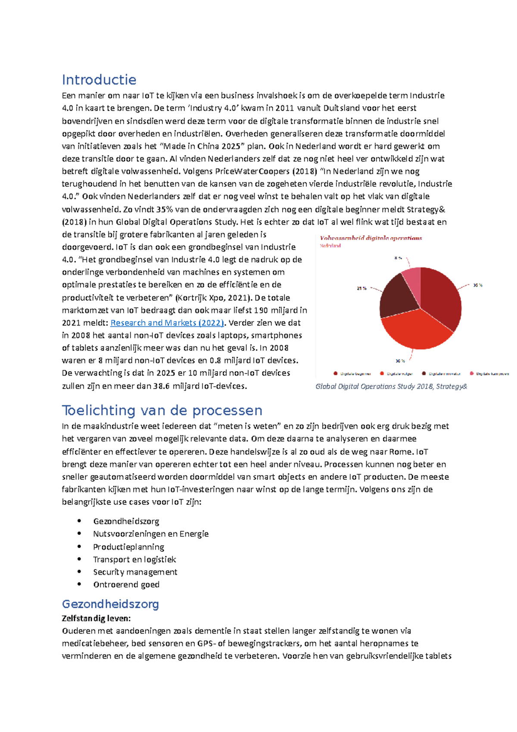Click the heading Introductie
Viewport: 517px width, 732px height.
coord(99,80)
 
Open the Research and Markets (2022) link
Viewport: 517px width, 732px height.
coord(167,323)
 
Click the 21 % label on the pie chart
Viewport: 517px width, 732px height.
coord(361,288)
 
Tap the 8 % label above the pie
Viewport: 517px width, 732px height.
coord(398,258)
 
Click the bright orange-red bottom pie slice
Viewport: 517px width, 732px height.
coord(414,330)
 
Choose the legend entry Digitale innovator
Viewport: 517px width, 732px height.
coord(444,374)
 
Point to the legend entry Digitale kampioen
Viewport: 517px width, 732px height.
coord(492,374)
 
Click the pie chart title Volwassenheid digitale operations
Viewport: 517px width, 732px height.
coord(371,238)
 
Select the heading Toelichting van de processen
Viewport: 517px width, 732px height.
coord(162,410)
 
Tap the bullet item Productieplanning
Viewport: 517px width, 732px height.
coord(128,547)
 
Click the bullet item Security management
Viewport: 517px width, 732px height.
coord(135,572)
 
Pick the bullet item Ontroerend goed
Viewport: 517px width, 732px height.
coord(126,585)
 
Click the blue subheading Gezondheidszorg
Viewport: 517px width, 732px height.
coord(110,604)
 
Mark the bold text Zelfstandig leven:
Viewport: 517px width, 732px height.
coord(96,619)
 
